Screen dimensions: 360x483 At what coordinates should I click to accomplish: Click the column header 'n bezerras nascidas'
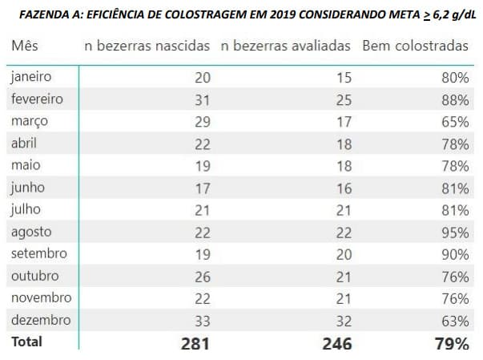[147, 47]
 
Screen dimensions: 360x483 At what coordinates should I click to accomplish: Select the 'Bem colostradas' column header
[415, 47]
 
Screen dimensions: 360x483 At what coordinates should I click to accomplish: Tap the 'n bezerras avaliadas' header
[285, 47]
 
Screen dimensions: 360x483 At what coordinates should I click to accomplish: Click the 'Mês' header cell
[25, 47]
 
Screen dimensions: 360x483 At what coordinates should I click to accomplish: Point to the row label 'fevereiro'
[37, 100]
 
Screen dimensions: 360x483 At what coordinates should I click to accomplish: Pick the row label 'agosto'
[32, 232]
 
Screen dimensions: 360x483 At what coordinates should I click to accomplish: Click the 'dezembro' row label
[40, 320]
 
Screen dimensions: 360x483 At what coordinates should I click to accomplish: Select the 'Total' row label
[26, 342]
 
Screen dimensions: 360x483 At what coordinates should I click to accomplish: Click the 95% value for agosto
[455, 233]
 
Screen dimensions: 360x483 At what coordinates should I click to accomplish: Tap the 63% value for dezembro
[455, 321]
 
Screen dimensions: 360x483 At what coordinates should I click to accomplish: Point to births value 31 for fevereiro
[202, 100]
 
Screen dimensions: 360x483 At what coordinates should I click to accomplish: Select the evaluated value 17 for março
[342, 122]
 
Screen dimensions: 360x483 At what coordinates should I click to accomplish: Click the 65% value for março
[455, 122]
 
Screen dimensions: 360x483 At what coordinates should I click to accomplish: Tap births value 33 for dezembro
[202, 321]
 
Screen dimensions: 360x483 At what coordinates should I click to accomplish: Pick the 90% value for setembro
[455, 254]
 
